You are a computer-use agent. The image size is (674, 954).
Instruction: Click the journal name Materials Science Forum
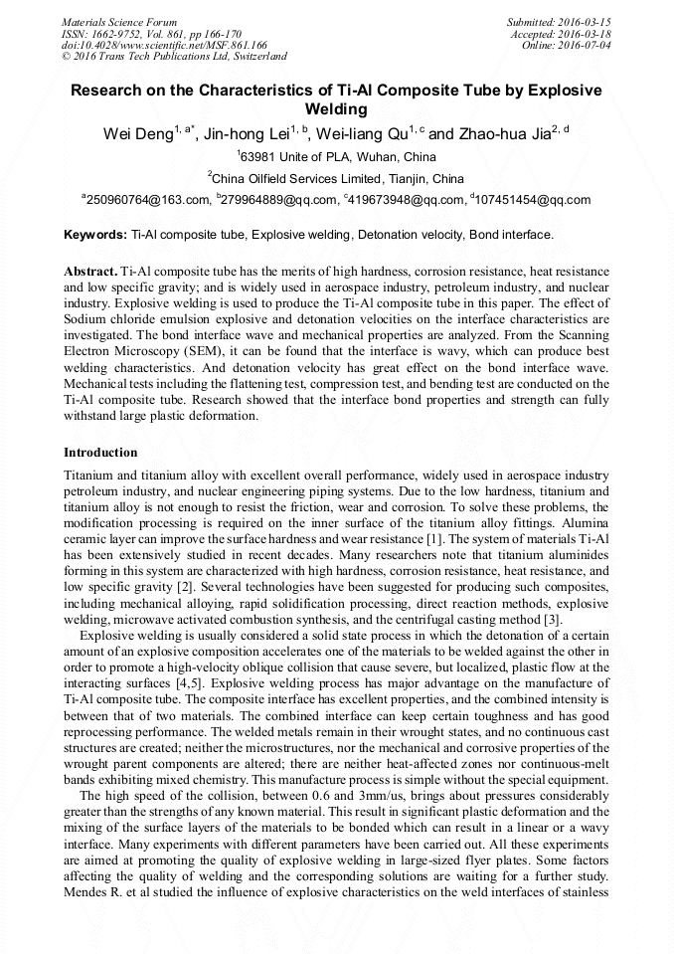pyautogui.click(x=119, y=21)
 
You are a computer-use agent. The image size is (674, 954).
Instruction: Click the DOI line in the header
pyautogui.click(x=164, y=45)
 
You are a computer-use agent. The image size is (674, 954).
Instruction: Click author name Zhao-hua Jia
pyautogui.click(x=503, y=134)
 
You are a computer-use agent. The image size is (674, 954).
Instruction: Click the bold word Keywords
pyautogui.click(x=94, y=236)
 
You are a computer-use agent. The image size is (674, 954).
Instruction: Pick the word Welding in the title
pyautogui.click(x=337, y=109)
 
